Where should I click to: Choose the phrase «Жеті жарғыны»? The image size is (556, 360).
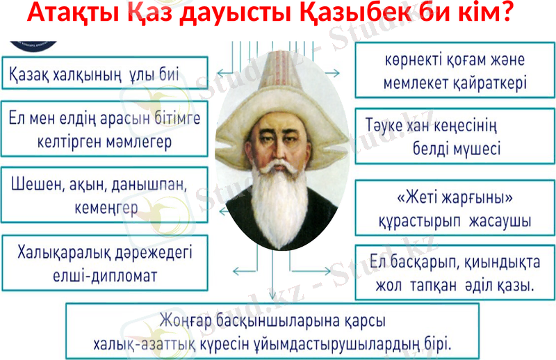(455, 199)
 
